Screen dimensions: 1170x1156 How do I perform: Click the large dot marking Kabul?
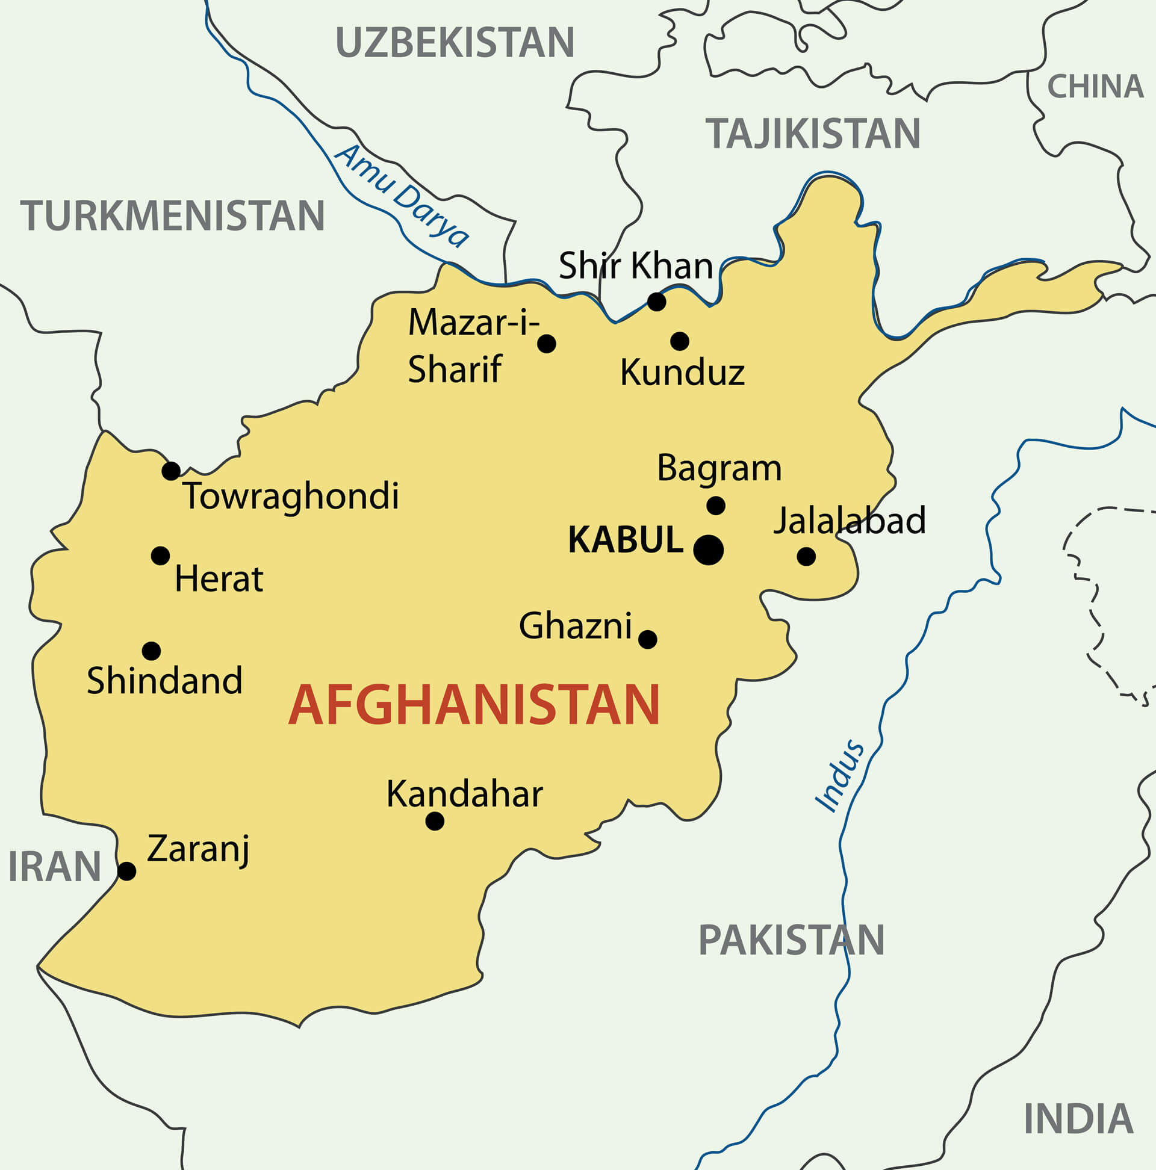click(x=708, y=550)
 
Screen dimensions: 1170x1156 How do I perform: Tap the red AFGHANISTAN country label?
click(x=474, y=705)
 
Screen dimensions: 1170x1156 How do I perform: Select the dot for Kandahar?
click(x=435, y=821)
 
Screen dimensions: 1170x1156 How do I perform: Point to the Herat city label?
click(x=219, y=579)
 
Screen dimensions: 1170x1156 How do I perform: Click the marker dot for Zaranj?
click(x=126, y=871)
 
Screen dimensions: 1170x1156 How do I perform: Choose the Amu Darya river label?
click(x=401, y=196)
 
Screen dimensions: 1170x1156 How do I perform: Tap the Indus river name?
click(x=840, y=776)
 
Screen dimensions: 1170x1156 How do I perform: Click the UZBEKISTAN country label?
click(x=455, y=42)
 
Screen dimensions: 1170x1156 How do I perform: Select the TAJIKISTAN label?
click(x=813, y=133)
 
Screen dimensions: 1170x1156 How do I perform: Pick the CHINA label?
click(x=1095, y=87)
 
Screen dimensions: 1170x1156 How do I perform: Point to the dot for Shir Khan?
click(x=656, y=302)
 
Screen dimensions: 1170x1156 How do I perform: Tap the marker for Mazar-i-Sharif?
click(x=547, y=344)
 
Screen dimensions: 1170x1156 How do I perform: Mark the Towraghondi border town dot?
click(x=171, y=471)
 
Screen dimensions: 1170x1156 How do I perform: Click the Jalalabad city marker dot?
click(x=806, y=557)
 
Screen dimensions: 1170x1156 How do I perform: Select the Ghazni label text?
click(x=576, y=625)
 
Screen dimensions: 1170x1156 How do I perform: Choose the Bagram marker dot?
click(x=715, y=506)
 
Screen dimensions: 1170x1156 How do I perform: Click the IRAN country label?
click(x=55, y=867)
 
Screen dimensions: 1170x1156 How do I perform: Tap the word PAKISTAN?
click(x=791, y=940)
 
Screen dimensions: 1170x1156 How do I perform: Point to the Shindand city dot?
click(x=151, y=651)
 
